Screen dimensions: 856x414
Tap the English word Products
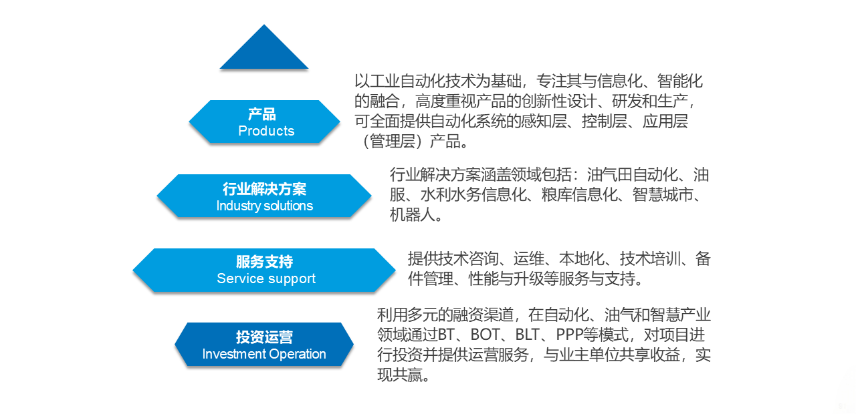(x=266, y=131)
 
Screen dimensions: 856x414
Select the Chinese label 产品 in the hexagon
(x=261, y=114)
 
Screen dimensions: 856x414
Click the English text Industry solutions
(x=264, y=206)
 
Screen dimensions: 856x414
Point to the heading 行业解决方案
(x=264, y=189)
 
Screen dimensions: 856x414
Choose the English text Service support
(x=266, y=279)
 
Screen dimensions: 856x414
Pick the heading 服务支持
(x=264, y=262)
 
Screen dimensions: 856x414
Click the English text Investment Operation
(x=264, y=354)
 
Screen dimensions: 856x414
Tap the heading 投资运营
(x=264, y=337)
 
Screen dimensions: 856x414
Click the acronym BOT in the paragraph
(x=485, y=335)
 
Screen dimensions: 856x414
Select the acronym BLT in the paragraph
(x=528, y=335)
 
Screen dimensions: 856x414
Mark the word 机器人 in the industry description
(x=413, y=215)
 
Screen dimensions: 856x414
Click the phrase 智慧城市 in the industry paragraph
(x=663, y=194)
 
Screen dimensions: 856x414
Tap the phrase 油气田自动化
(x=633, y=175)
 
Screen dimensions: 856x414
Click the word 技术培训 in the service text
(x=650, y=258)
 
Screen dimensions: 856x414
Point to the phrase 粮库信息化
(x=579, y=194)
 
